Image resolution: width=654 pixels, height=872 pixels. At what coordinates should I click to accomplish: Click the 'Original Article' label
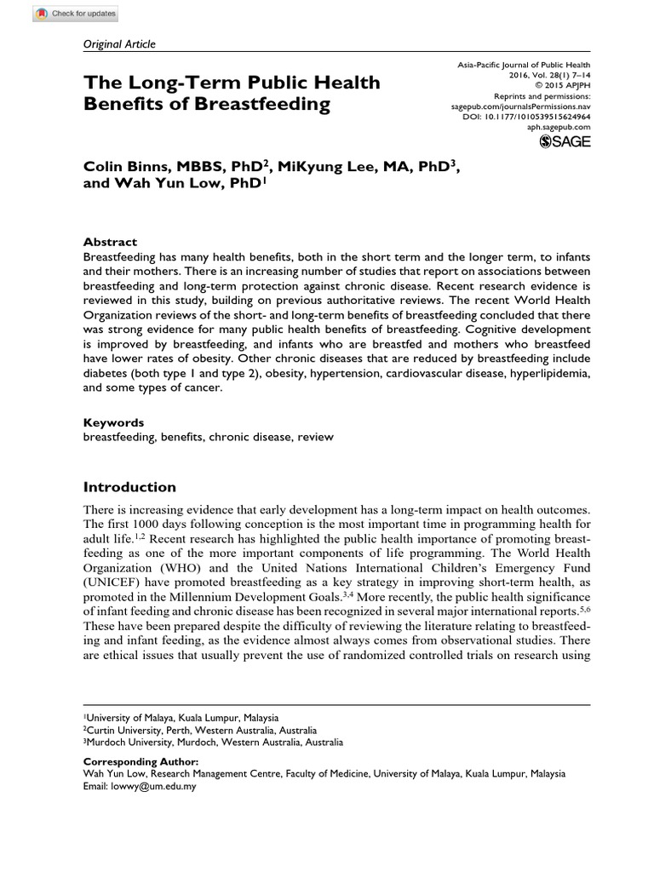pos(118,44)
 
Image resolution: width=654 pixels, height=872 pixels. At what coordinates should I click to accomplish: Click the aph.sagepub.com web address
pos(559,126)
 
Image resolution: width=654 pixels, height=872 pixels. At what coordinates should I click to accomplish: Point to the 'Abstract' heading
pos(109,242)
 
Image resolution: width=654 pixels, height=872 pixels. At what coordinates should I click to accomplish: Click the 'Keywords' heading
pos(113,422)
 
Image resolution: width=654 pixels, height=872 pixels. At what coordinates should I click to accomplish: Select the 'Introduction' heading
pos(129,487)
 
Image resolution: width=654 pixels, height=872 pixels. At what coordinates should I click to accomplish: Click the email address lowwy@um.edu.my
pos(153,787)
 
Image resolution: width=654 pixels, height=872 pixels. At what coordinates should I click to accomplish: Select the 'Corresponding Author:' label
pos(141,761)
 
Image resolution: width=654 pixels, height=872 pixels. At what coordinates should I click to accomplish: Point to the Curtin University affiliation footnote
pos(200,731)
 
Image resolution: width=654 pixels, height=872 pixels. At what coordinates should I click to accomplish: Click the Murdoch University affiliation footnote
pos(213,743)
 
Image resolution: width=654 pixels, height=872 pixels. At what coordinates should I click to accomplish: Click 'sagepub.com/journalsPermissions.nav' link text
pos(519,106)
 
